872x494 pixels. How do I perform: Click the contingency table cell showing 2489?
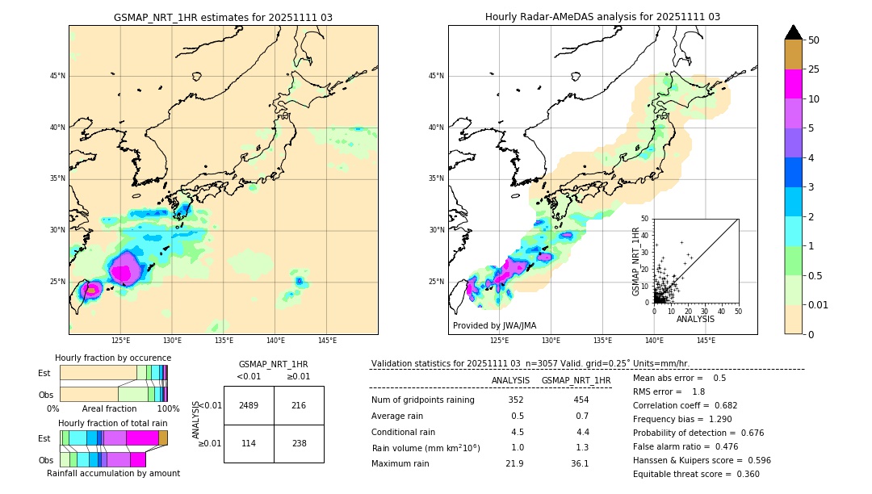click(249, 405)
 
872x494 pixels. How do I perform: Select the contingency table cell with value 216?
click(299, 405)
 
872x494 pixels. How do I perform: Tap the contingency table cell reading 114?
click(249, 443)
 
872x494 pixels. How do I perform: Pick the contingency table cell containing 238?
click(299, 443)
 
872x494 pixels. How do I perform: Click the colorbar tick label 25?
click(814, 69)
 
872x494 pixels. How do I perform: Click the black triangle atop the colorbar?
click(794, 32)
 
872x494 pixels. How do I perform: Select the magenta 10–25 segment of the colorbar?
click(794, 84)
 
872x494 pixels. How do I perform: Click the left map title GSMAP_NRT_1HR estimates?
click(223, 17)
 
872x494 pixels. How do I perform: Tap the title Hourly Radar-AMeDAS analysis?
click(602, 17)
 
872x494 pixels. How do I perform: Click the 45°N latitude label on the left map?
click(57, 76)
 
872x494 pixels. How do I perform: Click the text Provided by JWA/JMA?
click(494, 326)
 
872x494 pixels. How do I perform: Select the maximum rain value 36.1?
click(580, 463)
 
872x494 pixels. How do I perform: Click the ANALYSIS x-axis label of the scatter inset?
click(695, 319)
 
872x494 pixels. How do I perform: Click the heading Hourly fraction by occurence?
click(113, 358)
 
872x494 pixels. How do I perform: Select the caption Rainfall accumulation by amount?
click(113, 473)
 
